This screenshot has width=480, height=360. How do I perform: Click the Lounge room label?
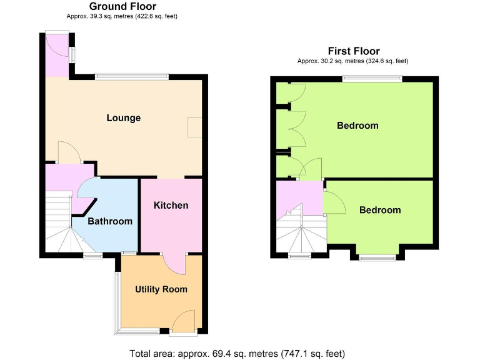pyautogui.click(x=123, y=118)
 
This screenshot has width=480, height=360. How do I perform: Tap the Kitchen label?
pyautogui.click(x=171, y=205)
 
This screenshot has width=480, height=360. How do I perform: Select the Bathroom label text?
pyautogui.click(x=109, y=221)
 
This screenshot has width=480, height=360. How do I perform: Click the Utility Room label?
pyautogui.click(x=161, y=289)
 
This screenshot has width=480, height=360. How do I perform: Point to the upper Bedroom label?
pyautogui.click(x=357, y=126)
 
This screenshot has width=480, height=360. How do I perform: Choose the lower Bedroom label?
pyautogui.click(x=380, y=210)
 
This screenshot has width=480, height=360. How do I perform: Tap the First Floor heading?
pyautogui.click(x=354, y=51)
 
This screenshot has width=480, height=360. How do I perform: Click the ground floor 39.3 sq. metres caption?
pyautogui.click(x=126, y=16)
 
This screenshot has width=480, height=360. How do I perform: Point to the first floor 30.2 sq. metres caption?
pyautogui.click(x=354, y=61)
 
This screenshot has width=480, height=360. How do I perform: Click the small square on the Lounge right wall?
pyautogui.click(x=195, y=127)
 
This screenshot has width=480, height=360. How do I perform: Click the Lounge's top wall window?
pyautogui.click(x=131, y=77)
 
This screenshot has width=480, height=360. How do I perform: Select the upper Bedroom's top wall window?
pyautogui.click(x=372, y=79)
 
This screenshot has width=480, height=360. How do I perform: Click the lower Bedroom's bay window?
pyautogui.click(x=377, y=256)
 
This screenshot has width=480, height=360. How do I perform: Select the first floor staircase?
pyautogui.click(x=301, y=235)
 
